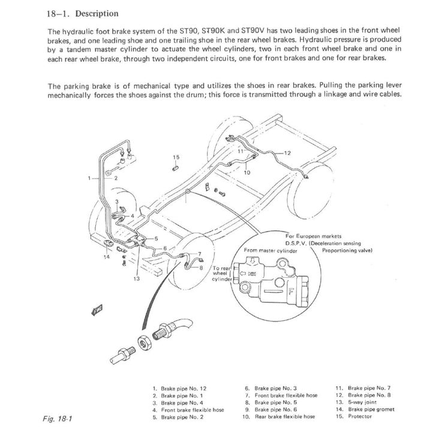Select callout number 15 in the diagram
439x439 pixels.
point(176,157)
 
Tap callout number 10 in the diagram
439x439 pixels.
point(247,172)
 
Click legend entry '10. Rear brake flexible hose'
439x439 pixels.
point(281,416)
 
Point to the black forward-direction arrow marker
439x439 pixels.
point(96,309)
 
